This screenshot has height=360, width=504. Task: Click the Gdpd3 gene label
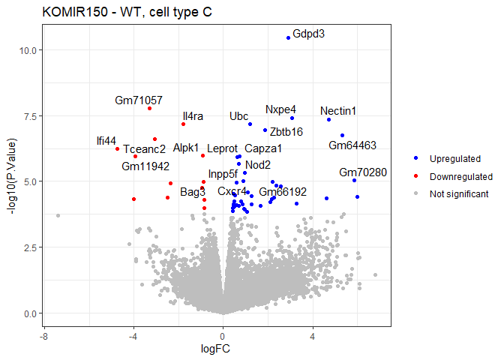click(309, 34)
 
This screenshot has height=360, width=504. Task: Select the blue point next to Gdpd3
click(288, 37)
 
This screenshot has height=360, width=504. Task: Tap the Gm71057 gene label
click(139, 100)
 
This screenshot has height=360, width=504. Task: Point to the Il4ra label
click(193, 116)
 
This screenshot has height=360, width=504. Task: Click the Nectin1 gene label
click(338, 111)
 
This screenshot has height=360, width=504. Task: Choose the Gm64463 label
click(352, 145)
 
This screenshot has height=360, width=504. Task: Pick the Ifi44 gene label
click(106, 140)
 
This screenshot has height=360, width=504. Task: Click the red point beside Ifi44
click(117, 148)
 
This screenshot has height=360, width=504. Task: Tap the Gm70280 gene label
click(363, 172)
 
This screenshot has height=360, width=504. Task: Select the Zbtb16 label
click(286, 132)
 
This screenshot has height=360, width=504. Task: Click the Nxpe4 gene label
click(280, 109)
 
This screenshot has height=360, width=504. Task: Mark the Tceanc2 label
click(145, 149)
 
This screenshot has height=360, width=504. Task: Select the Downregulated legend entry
click(460, 176)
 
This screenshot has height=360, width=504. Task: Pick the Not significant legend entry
click(459, 194)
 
